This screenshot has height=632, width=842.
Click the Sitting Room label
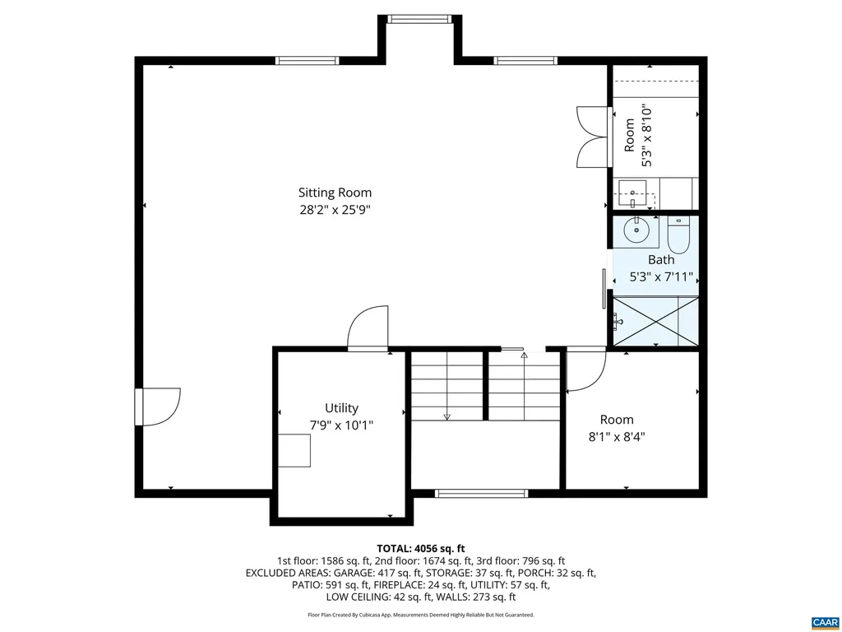click(x=335, y=193)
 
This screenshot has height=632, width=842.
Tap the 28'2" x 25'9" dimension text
click(x=335, y=210)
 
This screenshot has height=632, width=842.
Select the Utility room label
click(x=341, y=408)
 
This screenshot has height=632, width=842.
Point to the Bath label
click(x=660, y=259)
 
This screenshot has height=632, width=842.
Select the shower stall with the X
click(x=655, y=320)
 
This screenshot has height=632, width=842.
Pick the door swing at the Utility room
click(x=368, y=329)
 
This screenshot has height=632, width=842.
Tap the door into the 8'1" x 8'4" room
click(x=585, y=369)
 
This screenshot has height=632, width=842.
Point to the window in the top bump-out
click(x=419, y=19)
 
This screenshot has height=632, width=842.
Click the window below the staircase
click(x=481, y=494)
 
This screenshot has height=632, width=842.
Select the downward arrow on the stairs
click(x=446, y=416)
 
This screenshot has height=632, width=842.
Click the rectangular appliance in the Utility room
click(x=294, y=450)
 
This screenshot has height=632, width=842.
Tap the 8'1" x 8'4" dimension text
click(x=617, y=438)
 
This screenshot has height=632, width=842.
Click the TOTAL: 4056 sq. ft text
click(x=421, y=548)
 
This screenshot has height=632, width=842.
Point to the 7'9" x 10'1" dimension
click(x=341, y=425)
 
